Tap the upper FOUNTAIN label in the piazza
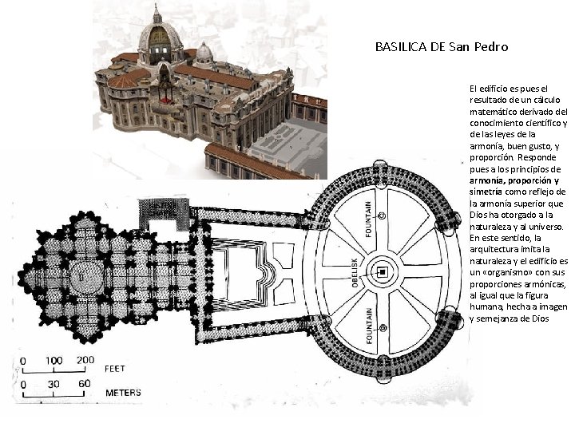tap(368, 218)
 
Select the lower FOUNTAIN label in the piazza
tap(368, 326)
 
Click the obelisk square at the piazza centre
tap(383, 273)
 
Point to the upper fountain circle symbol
tap(383, 215)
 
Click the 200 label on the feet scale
tap(85, 360)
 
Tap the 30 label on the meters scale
tap(54, 384)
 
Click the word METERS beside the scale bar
tap(124, 392)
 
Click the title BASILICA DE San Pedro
tap(441, 47)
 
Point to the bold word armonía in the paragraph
tap(486, 180)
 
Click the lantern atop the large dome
tap(157, 14)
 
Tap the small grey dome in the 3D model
tap(204, 53)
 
